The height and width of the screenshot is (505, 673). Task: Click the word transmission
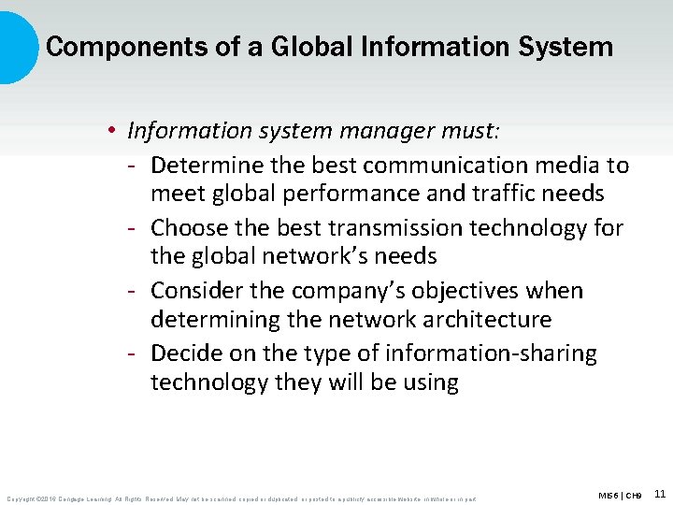(391, 228)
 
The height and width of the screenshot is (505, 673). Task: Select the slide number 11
(660, 493)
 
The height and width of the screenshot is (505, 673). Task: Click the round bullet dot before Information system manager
(111, 132)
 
